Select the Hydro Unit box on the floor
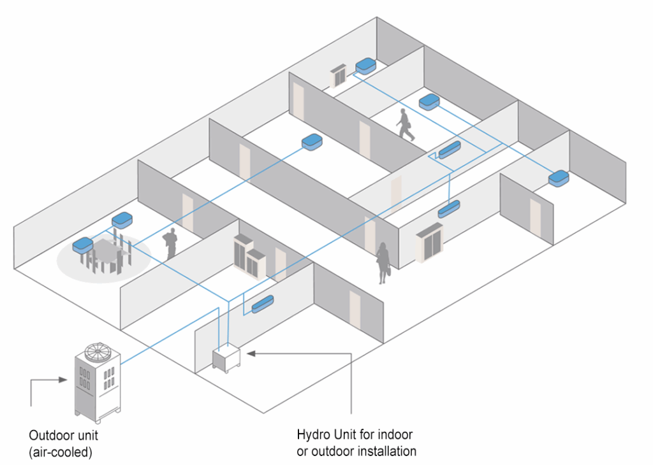[x=227, y=358]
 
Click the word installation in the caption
[x=388, y=452]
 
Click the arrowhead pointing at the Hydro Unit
[x=251, y=352]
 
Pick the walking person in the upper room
[x=404, y=124]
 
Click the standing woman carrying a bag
[x=383, y=261]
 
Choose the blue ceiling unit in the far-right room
[x=559, y=178]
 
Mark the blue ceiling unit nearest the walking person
[x=429, y=101]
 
